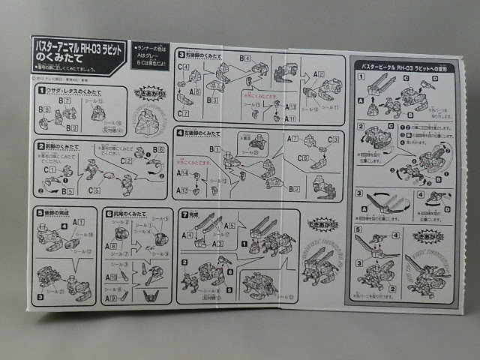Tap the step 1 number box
(x=42, y=91)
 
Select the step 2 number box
(x=42, y=144)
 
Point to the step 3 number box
(x=181, y=55)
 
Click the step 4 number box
(x=181, y=133)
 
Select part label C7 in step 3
(x=183, y=113)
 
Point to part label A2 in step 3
(x=319, y=74)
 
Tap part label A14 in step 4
(x=182, y=172)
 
